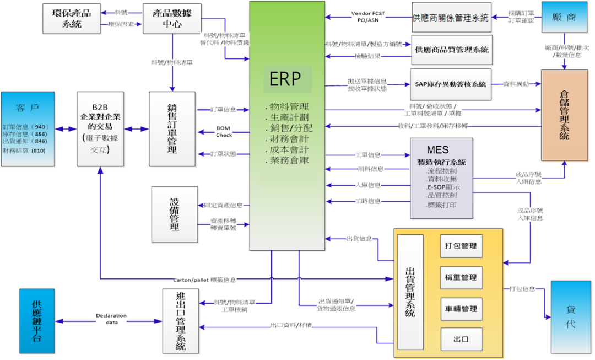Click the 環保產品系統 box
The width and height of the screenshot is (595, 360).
point(67,18)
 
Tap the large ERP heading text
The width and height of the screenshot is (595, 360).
point(285,79)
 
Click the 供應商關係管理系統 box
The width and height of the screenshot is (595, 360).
point(451,18)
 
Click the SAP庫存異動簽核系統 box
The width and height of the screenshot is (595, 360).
point(451,84)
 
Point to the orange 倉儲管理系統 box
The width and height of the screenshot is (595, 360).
point(564,115)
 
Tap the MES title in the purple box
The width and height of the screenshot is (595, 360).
point(437,150)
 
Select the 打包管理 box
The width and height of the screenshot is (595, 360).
point(461,246)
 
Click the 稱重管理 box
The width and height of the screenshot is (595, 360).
point(461,277)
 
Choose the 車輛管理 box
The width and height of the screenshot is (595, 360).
point(461,309)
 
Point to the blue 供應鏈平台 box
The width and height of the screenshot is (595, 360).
point(37,321)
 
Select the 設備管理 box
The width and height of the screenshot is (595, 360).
point(174,214)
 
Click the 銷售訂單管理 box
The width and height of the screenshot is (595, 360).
point(172,129)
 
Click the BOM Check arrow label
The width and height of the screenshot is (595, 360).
point(224,131)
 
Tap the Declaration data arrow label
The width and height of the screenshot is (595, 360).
point(111,319)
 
